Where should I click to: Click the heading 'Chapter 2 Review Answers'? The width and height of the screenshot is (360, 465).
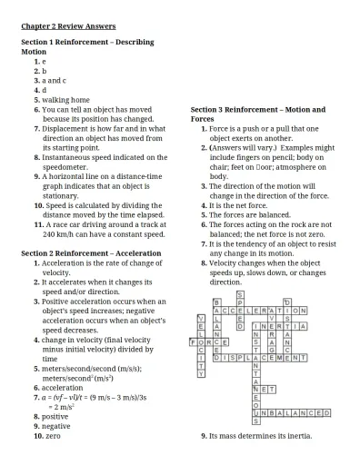click(68, 26)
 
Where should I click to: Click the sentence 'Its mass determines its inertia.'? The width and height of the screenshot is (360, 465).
click(261, 436)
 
